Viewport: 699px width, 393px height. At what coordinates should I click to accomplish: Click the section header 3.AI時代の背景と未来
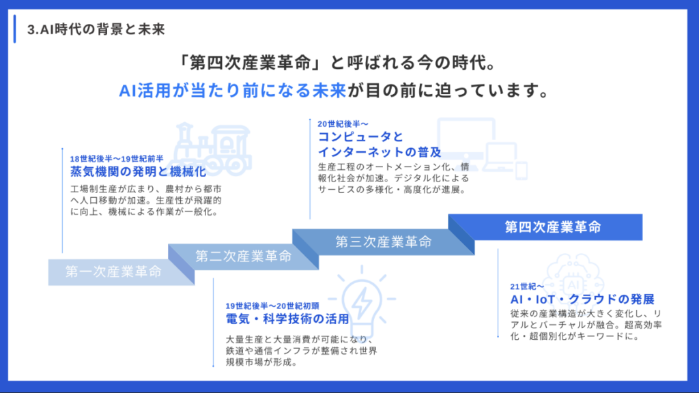tap(96, 30)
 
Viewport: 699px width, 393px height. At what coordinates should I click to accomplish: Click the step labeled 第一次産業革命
tap(113, 272)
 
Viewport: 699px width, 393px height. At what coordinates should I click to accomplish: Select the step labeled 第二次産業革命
tap(243, 257)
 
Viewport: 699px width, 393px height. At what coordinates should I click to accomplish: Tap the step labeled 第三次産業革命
tap(383, 242)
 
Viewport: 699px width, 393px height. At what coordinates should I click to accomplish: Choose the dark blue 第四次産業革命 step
tap(552, 227)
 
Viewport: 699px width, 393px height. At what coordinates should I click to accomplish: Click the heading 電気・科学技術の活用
tap(287, 319)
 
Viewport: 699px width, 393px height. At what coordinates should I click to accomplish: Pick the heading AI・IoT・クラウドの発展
tap(582, 300)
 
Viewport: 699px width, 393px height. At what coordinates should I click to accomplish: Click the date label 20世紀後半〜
tap(343, 123)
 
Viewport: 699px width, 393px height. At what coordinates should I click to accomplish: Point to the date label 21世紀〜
tap(527, 286)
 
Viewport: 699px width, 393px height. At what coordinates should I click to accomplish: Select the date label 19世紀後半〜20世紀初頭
tap(272, 305)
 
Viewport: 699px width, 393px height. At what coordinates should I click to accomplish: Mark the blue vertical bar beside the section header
tap(15, 29)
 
